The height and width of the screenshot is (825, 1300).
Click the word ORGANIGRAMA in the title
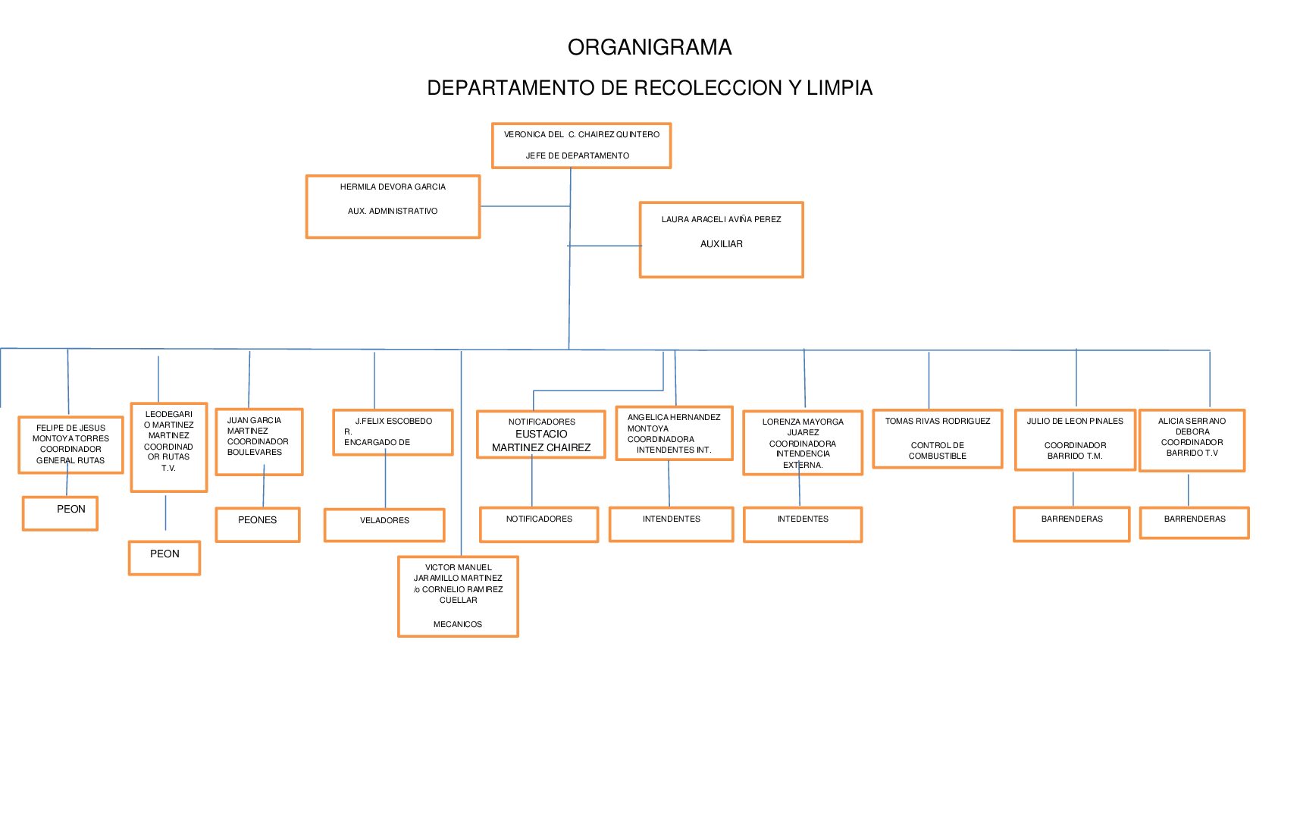coord(650,48)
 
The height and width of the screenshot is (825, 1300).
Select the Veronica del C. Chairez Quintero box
coord(581,145)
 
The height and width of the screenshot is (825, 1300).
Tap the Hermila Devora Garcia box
coord(393,206)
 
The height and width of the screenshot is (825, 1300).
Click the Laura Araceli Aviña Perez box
coord(721,240)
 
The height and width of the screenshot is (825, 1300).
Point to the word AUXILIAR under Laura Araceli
coord(722,244)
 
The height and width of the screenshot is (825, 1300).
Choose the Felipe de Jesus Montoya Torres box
coord(70,444)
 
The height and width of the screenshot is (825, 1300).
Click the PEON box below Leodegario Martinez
coord(164,557)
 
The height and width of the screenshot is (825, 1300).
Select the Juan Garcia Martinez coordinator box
coord(259,441)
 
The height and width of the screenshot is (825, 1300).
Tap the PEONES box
coord(258,524)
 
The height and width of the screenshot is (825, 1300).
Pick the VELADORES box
coord(384,525)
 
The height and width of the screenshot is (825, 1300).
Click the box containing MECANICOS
coord(458,596)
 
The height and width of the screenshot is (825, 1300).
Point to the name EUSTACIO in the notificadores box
coord(541,434)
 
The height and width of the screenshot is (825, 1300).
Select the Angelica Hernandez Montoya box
coord(674,433)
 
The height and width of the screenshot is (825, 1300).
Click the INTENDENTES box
coord(671,524)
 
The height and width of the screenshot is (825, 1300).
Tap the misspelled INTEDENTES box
coord(803,524)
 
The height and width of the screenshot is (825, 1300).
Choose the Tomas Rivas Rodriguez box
coord(938,439)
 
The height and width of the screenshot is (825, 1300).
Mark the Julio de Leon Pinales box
coord(1075,440)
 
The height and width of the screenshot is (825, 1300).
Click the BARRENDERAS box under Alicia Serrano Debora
coord(1194,522)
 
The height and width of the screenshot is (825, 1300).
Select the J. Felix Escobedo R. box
coord(393,432)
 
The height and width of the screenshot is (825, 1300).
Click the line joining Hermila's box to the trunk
coord(525,206)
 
